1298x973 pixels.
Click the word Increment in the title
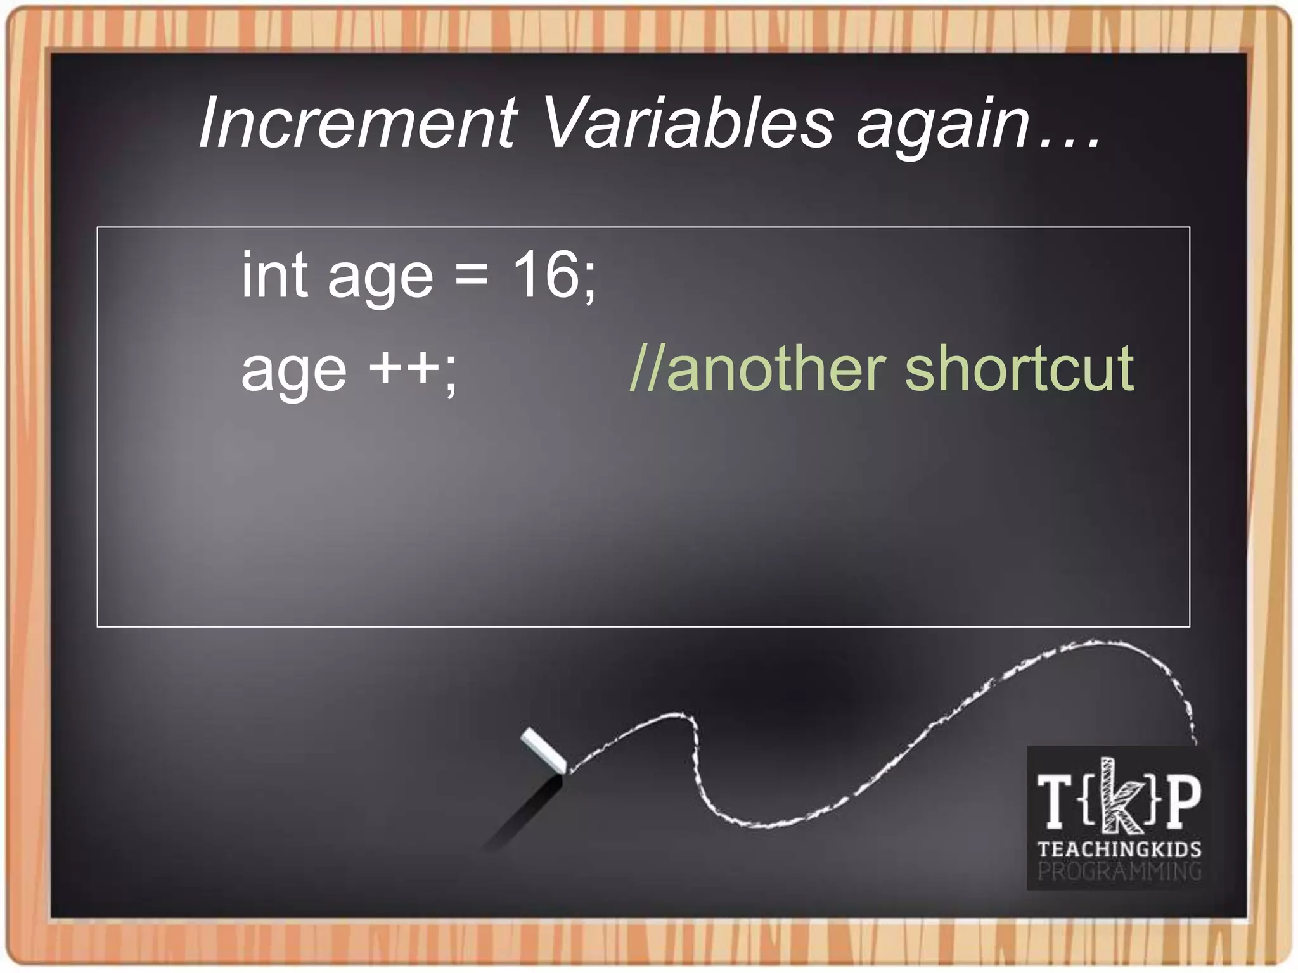pyautogui.click(x=358, y=122)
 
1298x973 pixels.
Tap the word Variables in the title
pyautogui.click(x=688, y=122)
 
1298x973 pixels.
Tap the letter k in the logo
pyautogui.click(x=1118, y=796)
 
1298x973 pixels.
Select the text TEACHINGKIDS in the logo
pyautogui.click(x=1119, y=849)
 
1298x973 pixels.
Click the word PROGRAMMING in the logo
pyautogui.click(x=1119, y=872)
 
